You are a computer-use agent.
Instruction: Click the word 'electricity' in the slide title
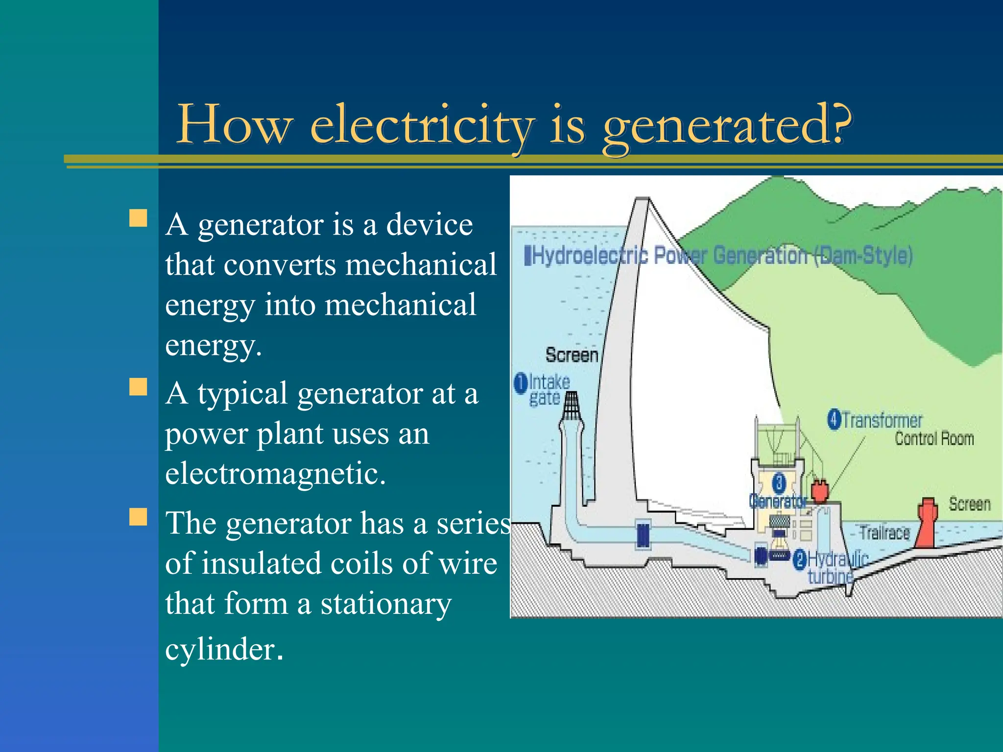(x=422, y=125)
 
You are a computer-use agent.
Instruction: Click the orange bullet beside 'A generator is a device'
(x=138, y=218)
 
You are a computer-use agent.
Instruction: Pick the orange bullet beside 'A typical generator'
(x=138, y=387)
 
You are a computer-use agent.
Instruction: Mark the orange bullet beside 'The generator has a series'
(x=138, y=517)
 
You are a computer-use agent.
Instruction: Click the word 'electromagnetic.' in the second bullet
(x=275, y=473)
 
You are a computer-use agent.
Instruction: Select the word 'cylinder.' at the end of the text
(x=224, y=649)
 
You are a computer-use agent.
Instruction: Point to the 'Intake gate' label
(x=549, y=390)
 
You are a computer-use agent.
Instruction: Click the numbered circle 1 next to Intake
(x=521, y=383)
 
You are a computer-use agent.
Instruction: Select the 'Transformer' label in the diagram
(x=882, y=421)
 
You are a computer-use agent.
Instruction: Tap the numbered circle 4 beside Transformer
(x=834, y=420)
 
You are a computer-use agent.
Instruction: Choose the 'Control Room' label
(x=934, y=439)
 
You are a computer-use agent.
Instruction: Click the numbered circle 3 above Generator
(x=779, y=483)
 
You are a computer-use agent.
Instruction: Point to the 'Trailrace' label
(x=884, y=533)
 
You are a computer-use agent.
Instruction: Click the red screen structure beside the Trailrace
(x=927, y=522)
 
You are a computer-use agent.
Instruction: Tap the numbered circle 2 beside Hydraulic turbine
(x=799, y=559)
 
